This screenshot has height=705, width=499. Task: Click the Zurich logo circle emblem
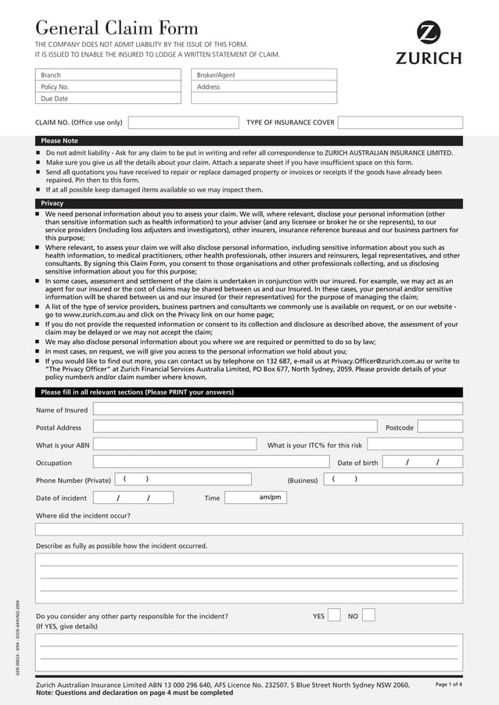pyautogui.click(x=429, y=33)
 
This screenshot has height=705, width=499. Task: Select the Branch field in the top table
pyautogui.click(x=109, y=75)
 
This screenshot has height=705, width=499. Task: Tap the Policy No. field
pyautogui.click(x=109, y=87)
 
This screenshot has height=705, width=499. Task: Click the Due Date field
pyautogui.click(x=109, y=98)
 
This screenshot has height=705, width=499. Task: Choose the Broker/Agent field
pyautogui.click(x=264, y=75)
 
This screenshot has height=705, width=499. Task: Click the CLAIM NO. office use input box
pyautogui.click(x=182, y=123)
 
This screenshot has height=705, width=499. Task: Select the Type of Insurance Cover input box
pyautogui.click(x=400, y=123)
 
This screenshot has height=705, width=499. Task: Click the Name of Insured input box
pyautogui.click(x=278, y=409)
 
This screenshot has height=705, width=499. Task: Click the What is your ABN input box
pyautogui.click(x=174, y=445)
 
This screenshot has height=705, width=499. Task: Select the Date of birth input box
pyautogui.click(x=422, y=463)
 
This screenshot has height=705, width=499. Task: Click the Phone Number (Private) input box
pyautogui.click(x=183, y=479)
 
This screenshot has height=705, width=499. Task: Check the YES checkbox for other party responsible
pyautogui.click(x=334, y=615)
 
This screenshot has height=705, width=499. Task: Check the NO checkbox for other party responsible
pyautogui.click(x=368, y=615)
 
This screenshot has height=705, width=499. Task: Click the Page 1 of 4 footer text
pyautogui.click(x=448, y=685)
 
